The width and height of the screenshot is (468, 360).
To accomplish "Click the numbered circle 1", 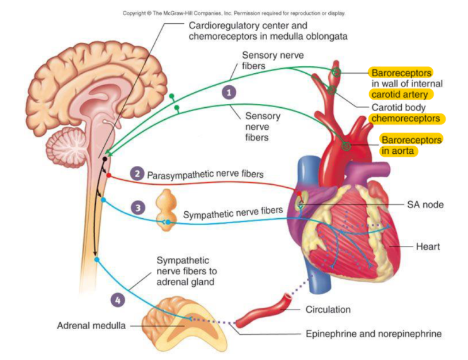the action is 229,92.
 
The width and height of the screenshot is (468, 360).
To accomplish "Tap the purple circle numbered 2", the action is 137,173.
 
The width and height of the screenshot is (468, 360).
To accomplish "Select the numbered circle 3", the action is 138,207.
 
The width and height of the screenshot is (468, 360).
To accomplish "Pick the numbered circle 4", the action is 118,299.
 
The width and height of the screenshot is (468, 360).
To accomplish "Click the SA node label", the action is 425,204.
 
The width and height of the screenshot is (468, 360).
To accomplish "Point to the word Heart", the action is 428,247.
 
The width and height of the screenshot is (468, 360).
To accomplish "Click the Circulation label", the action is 328,310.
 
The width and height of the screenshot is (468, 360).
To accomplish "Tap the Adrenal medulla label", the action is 91,325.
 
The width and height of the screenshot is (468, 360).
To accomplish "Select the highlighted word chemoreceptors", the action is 406,119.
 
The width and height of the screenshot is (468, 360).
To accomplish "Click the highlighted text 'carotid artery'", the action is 399,95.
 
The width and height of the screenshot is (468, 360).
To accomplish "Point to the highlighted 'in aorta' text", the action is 398,151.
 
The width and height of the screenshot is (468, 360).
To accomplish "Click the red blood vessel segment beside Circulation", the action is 263,311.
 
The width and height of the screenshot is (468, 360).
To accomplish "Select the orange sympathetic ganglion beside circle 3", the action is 166,210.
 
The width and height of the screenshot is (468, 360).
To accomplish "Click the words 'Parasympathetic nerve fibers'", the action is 205,175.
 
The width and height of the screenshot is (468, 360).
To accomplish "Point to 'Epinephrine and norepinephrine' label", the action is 374,334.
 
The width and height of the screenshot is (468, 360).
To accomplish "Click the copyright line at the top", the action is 234,13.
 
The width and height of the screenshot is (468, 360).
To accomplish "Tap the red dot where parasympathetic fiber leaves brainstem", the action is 109,175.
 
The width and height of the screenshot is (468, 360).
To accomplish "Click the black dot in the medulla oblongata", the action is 105,159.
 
